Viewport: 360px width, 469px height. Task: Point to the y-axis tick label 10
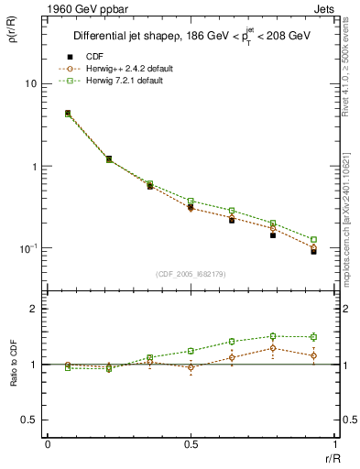(x=31, y=83)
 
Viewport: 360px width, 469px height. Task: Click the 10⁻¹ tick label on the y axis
(x=28, y=248)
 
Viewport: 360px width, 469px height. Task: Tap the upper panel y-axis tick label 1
(x=34, y=167)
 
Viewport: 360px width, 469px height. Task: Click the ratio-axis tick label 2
(x=34, y=309)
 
